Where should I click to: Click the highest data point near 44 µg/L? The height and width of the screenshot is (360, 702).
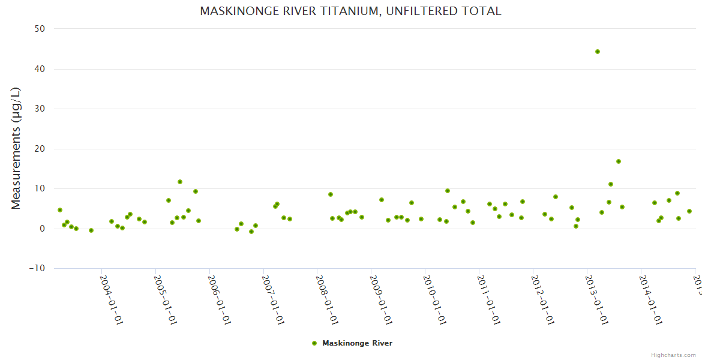pyautogui.click(x=598, y=52)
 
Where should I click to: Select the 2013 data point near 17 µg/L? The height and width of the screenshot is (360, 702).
pyautogui.click(x=619, y=161)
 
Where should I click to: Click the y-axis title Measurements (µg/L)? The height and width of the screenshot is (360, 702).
pyautogui.click(x=16, y=148)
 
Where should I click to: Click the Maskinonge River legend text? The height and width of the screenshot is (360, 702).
pyautogui.click(x=357, y=343)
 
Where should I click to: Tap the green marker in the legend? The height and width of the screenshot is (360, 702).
pyautogui.click(x=314, y=343)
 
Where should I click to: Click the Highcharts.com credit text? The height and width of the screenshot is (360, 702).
pyautogui.click(x=673, y=355)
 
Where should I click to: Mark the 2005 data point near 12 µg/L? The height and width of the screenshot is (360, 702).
pyautogui.click(x=180, y=182)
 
